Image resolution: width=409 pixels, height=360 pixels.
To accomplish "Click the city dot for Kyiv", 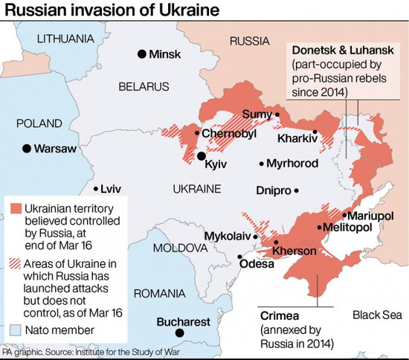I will (x=201, y=155).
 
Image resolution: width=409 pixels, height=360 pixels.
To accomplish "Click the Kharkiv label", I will (x=297, y=138).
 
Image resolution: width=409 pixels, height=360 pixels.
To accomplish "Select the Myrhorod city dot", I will (x=262, y=164).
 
